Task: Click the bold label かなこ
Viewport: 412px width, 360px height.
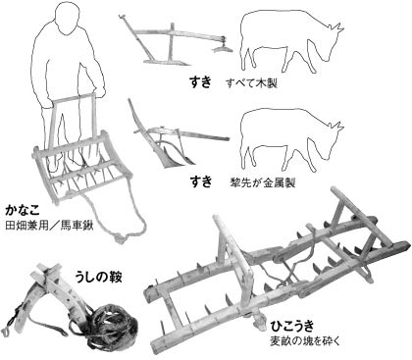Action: (x=23, y=210)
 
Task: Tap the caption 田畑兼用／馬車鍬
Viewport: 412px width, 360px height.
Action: (x=49, y=226)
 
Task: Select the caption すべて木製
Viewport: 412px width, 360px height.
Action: (x=251, y=83)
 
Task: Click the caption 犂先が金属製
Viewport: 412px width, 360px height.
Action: (x=263, y=182)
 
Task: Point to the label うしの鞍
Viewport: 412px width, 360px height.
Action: (x=98, y=278)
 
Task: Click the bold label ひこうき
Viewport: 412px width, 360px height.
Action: (x=292, y=326)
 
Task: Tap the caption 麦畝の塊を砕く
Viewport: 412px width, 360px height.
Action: (x=305, y=341)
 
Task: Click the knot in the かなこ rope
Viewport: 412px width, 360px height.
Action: (x=120, y=237)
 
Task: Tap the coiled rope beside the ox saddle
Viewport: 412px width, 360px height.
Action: (x=113, y=325)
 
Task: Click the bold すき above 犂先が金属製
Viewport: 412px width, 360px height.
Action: (x=201, y=181)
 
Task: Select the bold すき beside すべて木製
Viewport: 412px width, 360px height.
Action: (x=201, y=81)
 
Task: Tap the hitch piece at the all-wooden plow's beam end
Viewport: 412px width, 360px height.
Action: (x=223, y=45)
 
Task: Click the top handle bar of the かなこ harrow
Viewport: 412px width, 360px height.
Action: (x=74, y=97)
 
